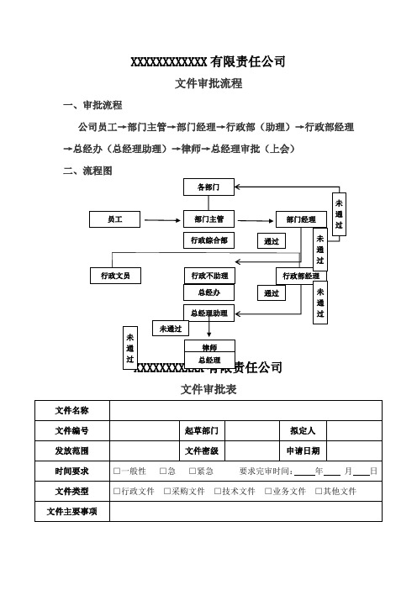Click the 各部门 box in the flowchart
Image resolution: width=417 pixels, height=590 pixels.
208,187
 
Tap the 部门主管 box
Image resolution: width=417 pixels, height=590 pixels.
208,219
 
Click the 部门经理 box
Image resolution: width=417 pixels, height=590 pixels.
300,219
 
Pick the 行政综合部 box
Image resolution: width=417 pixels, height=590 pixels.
208,240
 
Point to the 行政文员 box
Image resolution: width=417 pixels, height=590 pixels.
115,275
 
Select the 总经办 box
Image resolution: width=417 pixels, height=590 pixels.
208,292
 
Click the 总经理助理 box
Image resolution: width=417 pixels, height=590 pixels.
208,313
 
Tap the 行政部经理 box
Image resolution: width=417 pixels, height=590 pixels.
301,275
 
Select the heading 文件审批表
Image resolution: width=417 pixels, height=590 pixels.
208,390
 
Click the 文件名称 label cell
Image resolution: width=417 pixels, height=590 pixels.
72,410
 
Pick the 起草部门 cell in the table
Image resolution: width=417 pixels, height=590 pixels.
202,430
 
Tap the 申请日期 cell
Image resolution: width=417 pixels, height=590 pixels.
303,450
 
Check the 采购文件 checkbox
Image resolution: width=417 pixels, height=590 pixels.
168,491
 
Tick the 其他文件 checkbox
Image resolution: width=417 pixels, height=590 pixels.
318,491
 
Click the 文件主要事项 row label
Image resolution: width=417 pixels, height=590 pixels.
72,511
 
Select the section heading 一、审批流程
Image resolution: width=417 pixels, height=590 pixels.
92,107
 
